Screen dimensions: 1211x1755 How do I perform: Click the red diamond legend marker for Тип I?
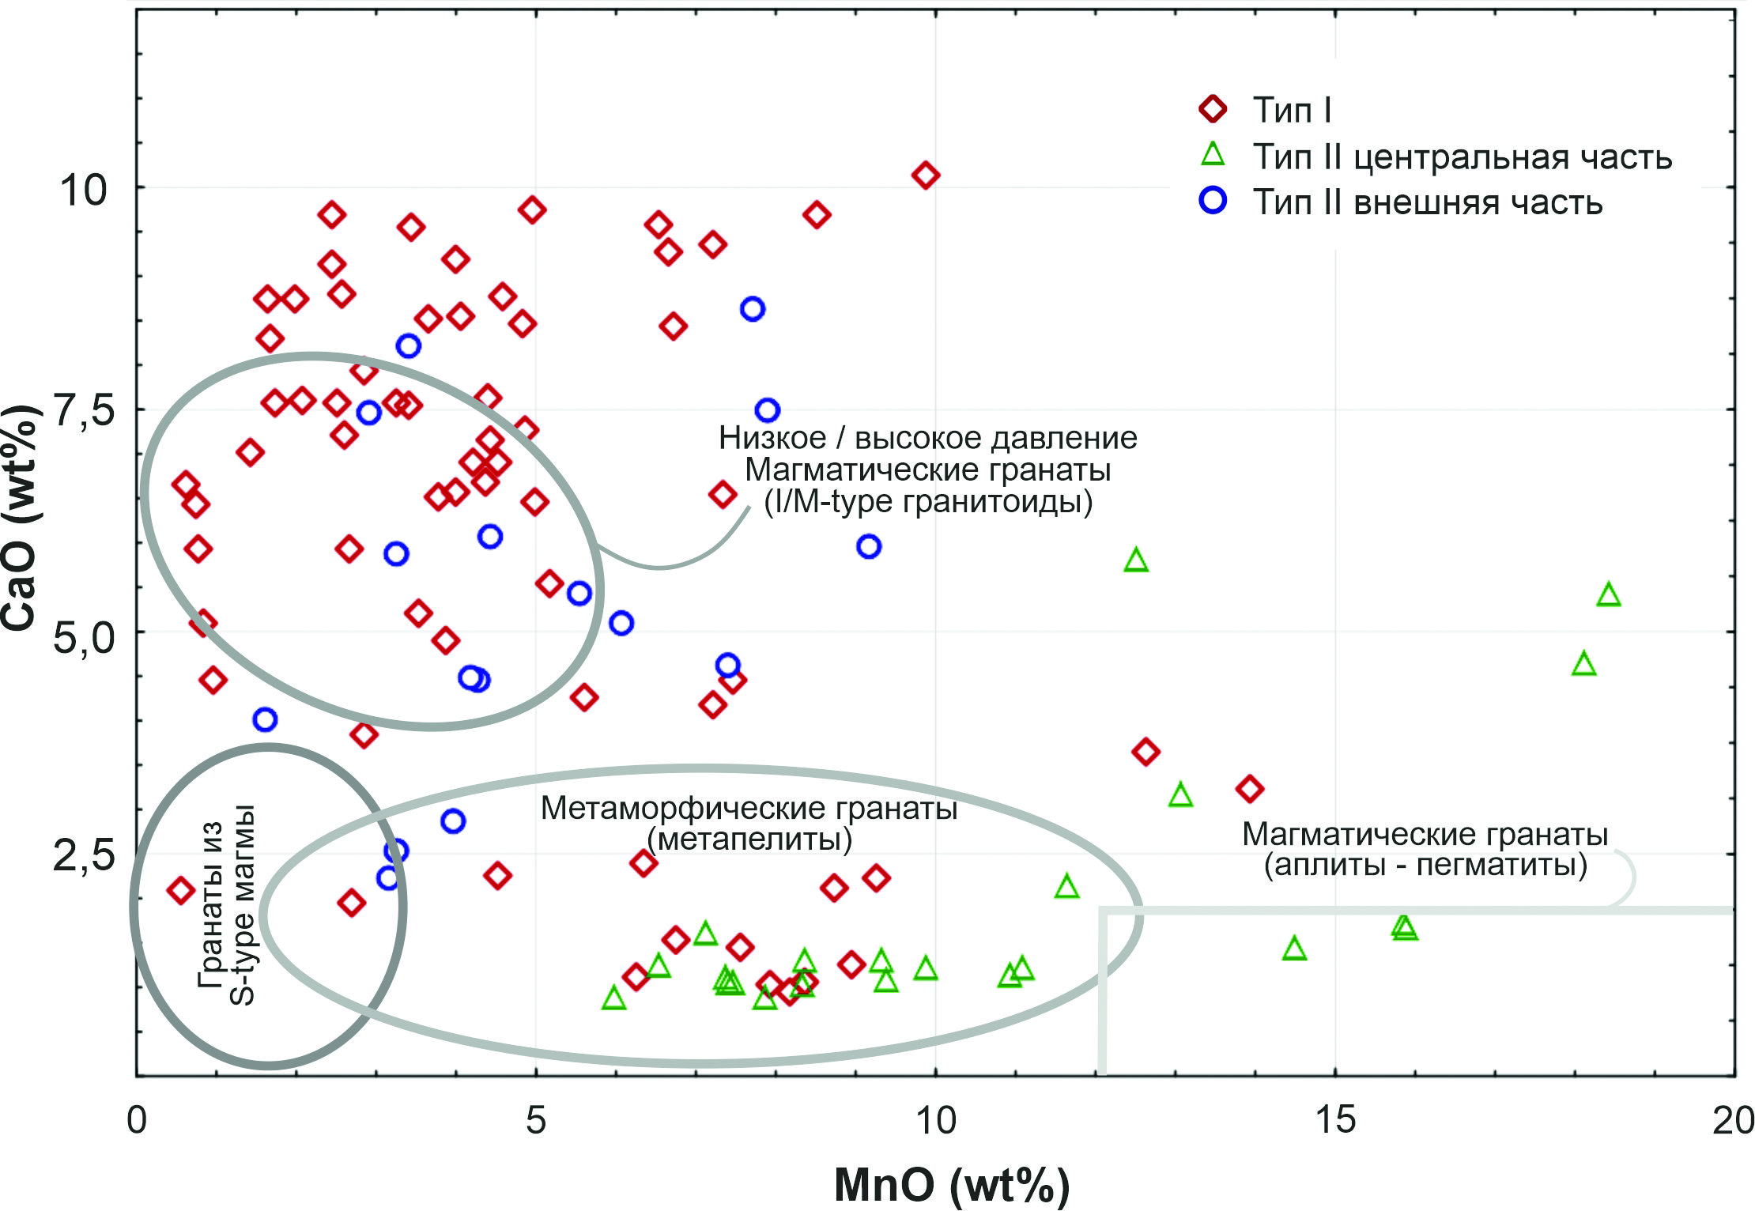1213,108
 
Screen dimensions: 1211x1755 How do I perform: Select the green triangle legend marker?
1213,155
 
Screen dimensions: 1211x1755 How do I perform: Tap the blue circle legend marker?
1213,201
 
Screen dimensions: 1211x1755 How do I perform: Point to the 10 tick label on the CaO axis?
82,190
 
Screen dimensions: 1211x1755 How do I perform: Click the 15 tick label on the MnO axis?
1335,1120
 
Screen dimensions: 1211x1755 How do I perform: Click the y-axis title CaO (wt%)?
19,518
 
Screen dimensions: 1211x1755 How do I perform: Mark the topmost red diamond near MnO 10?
926,175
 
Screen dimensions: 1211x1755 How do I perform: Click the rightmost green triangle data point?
1609,595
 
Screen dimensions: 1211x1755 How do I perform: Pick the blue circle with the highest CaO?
753,309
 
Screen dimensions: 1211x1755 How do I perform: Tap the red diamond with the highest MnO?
1249,788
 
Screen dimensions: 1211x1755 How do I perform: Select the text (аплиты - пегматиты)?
1425,865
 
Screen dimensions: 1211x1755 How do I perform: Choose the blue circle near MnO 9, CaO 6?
869,546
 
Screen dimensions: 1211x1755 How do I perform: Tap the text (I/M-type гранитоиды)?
928,502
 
